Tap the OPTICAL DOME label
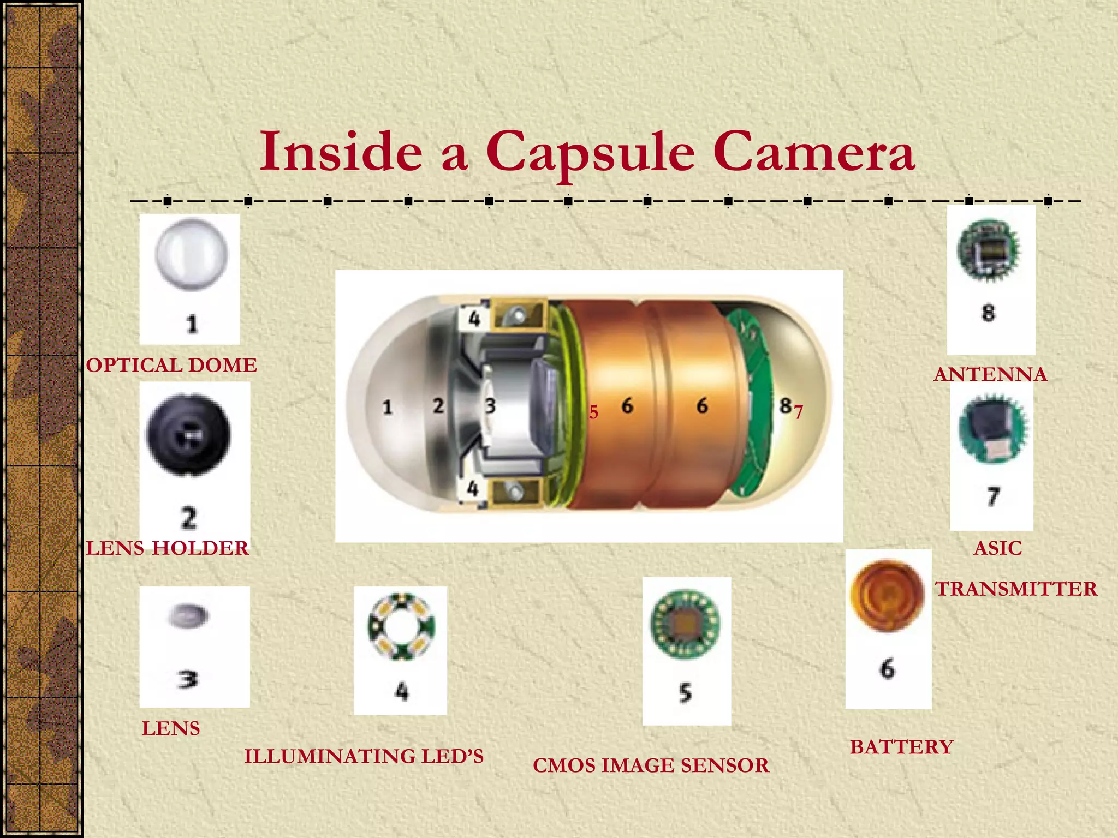171,365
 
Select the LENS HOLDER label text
168,548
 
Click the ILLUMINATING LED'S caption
364,756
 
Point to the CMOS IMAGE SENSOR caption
651,765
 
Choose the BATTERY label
901,746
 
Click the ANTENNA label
990,374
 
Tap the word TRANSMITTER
1016,589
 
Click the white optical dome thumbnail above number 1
191,254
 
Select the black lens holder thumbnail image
189,435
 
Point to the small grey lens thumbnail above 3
188,616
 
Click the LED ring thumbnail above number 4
401,626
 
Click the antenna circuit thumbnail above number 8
988,250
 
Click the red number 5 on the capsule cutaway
593,412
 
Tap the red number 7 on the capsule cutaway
799,412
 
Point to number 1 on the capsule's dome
388,407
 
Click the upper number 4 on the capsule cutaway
474,318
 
